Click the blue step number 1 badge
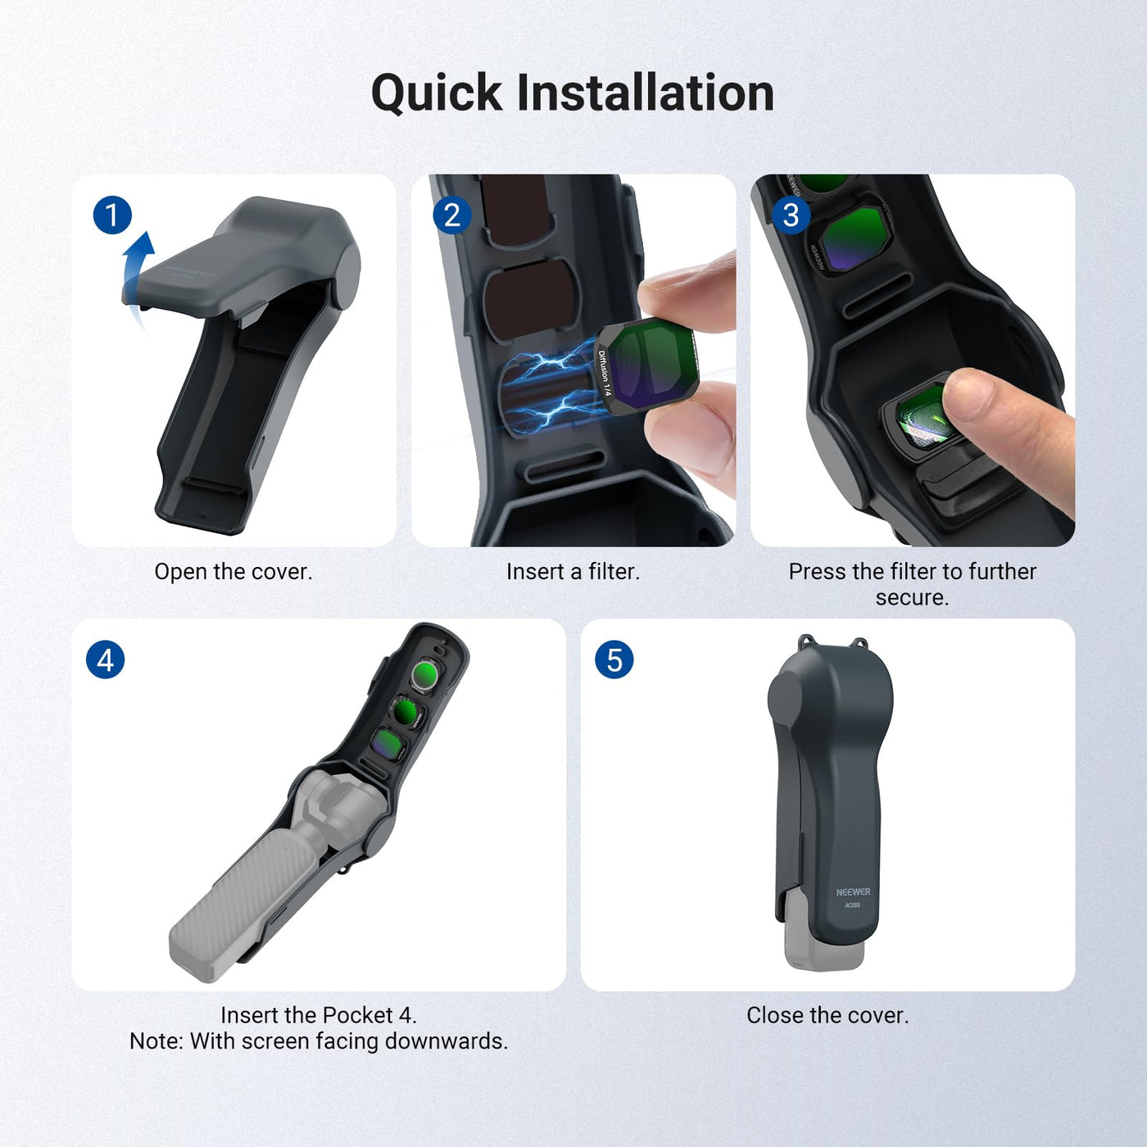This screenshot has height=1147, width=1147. [112, 215]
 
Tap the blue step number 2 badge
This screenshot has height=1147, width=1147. [451, 215]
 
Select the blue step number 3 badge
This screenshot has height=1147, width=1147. [791, 215]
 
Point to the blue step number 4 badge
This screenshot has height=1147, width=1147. [106, 660]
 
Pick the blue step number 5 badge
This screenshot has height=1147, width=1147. [614, 660]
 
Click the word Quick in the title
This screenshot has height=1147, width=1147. [437, 93]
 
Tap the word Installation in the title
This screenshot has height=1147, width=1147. [646, 93]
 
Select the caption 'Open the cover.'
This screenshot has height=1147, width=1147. [233, 571]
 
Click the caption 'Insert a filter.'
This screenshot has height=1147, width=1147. [573, 571]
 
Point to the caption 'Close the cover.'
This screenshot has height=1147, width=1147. [828, 1015]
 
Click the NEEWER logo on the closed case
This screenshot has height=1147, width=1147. [853, 891]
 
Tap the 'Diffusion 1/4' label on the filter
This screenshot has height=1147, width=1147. [604, 374]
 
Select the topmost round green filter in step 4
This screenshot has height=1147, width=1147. [425, 674]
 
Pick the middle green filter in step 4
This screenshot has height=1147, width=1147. [408, 710]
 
